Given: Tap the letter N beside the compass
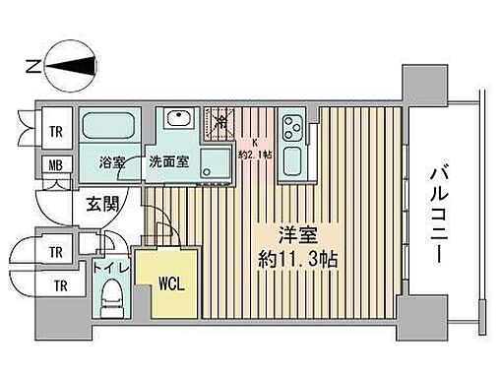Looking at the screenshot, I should pos(31,67).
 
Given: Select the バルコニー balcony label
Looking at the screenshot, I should pos(436,211).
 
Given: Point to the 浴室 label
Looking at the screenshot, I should pos(111,162).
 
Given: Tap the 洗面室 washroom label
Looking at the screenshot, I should pos(167,162).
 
